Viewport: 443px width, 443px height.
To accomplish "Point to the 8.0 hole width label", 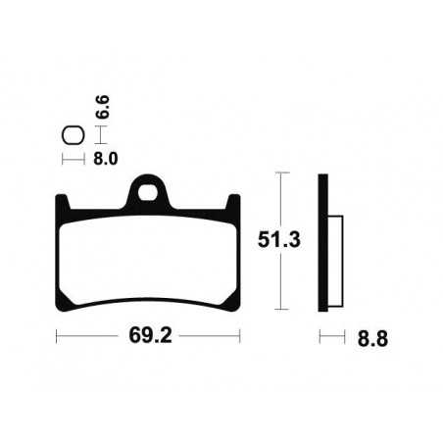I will point(106,157).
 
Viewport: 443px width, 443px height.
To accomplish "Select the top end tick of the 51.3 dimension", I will point(281,172).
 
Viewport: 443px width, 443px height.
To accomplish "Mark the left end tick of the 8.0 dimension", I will point(64,157).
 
